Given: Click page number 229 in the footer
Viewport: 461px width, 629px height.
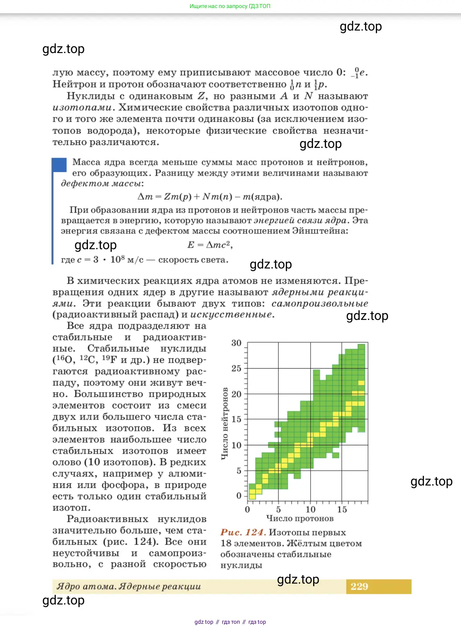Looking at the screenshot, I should click(359, 586).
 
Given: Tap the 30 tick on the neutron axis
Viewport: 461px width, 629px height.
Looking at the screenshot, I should click(236, 343).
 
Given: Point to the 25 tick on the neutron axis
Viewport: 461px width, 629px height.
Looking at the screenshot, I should click(236, 368).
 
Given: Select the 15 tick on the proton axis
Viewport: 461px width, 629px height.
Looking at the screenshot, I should click(342, 509).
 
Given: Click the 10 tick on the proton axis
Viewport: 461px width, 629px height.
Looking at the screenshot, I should click(310, 509).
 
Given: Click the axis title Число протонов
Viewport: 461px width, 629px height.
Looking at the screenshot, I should click(300, 518).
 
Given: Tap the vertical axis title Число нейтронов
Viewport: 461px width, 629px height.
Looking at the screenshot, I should click(225, 424).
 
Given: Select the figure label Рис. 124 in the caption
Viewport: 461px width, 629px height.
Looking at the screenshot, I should click(243, 532).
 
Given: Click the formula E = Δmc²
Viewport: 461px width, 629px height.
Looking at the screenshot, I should click(210, 245).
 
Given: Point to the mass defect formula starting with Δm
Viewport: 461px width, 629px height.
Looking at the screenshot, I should click(210, 197).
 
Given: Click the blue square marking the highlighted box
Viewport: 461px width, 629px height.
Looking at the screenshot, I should click(59, 165).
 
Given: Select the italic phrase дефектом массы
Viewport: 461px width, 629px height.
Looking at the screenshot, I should click(102, 183).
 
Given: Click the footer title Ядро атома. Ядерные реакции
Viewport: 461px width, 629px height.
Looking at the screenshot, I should click(129, 586).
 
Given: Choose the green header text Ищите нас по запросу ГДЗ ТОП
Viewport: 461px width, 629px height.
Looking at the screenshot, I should click(230, 6).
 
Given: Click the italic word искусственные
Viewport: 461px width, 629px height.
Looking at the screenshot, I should click(232, 314).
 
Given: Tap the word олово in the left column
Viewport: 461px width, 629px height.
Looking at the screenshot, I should click(67, 462).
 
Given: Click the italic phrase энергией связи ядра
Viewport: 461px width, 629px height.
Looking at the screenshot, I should click(300, 220).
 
